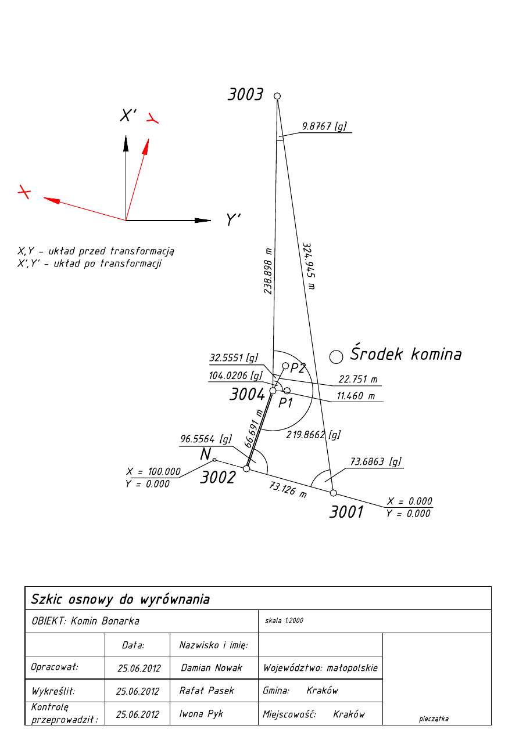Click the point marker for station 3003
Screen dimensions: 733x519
click(x=277, y=96)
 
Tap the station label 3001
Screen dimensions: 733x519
click(x=346, y=512)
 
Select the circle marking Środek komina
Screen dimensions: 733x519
click(x=336, y=356)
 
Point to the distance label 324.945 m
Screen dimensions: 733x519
click(x=309, y=265)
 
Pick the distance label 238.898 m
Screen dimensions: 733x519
click(x=269, y=270)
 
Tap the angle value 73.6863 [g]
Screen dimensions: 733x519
click(x=376, y=462)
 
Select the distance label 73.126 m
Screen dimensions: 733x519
click(x=288, y=489)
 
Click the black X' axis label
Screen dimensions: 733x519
click(x=128, y=115)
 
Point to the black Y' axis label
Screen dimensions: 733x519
click(x=233, y=219)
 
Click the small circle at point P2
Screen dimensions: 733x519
click(x=285, y=366)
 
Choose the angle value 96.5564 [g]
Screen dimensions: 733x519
click(x=206, y=439)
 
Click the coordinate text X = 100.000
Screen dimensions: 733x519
click(x=153, y=472)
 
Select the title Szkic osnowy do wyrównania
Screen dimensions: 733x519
click(x=120, y=599)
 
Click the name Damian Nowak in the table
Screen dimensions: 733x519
click(x=212, y=667)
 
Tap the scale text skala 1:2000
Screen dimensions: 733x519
click(x=284, y=620)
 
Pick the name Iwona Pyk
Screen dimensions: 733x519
click(x=201, y=714)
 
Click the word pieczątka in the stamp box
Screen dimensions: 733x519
click(x=434, y=718)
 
